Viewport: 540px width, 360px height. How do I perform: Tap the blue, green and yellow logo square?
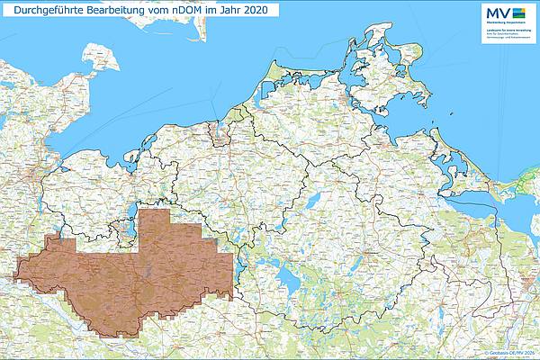click(x=517, y=12)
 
